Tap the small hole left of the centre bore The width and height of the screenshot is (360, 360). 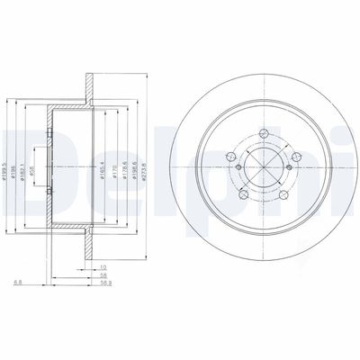click(x=238, y=165)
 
